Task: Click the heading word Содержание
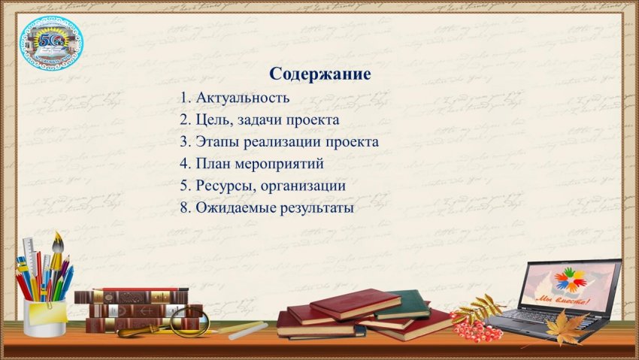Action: pos(320,74)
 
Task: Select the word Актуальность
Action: pos(243,98)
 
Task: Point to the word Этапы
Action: pos(217,142)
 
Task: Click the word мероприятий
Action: pos(279,164)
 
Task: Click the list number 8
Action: pos(183,208)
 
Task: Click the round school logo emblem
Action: pos(51,43)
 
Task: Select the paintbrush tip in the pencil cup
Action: pos(58,241)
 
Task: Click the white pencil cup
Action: pos(45,318)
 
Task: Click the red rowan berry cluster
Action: pos(475,327)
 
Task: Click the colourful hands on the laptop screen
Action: pos(569,279)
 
